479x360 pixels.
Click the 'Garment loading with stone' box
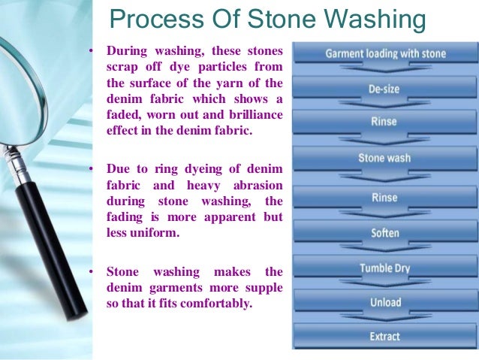point(385,54)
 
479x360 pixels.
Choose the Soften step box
point(385,232)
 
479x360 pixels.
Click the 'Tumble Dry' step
point(385,268)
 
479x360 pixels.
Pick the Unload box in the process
point(385,302)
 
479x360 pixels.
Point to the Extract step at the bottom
point(385,336)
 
